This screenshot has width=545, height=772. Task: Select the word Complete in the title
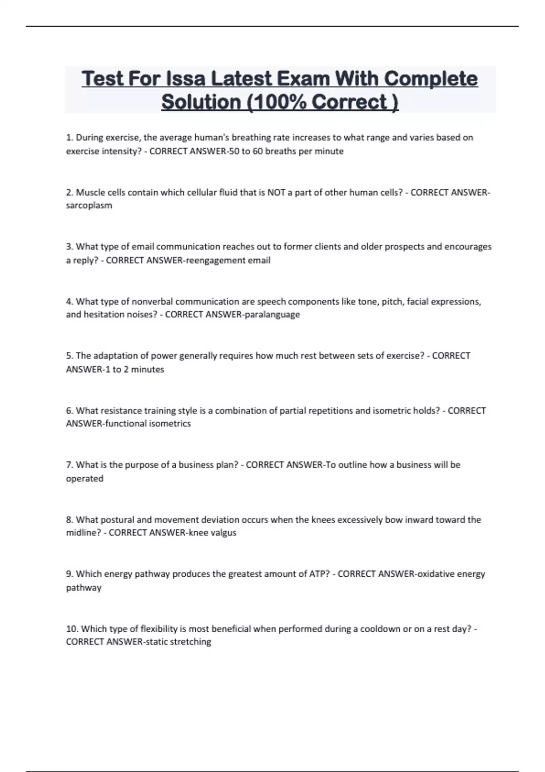coord(431,79)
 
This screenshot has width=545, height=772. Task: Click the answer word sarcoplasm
coord(89,205)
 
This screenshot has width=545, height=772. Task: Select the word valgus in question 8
coord(223,532)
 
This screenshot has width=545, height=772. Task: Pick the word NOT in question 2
coord(277,192)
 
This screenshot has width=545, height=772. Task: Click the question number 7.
coord(69,465)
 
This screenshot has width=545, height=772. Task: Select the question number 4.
coord(69,301)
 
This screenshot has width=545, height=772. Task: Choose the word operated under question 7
coord(84,478)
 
